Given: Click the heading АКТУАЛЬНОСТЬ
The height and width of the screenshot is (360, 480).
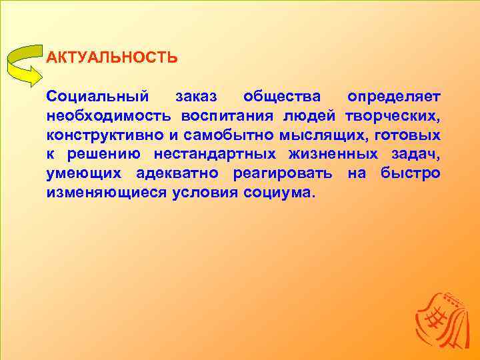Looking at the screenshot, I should click(x=112, y=57).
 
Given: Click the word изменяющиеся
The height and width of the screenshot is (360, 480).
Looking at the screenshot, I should click(x=106, y=193).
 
